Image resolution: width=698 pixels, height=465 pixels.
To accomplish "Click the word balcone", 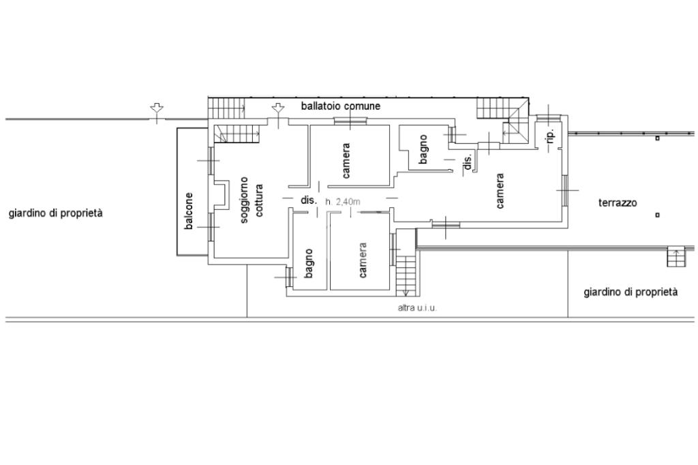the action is tap(189, 211).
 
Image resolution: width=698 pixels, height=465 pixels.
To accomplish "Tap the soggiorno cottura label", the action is tap(251, 197).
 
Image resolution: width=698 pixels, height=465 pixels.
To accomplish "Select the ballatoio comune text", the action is tap(341, 106).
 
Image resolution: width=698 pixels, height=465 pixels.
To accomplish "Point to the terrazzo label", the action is tap(618, 203).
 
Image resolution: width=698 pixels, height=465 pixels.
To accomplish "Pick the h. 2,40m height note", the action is tap(343, 201).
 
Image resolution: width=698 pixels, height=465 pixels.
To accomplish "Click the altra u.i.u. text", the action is tap(417, 308).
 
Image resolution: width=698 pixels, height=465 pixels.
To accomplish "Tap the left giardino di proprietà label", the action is tap(56, 213).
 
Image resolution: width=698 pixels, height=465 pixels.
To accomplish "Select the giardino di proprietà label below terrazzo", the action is tap(631, 292).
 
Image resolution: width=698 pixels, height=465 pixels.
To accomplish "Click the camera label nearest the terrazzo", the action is tap(500, 191).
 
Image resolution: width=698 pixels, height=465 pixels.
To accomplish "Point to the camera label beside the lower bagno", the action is tap(363, 260).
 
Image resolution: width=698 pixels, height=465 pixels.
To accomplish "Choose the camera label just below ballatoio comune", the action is tap(346, 160).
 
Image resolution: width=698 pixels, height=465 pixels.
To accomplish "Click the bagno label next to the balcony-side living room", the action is tap(309, 263).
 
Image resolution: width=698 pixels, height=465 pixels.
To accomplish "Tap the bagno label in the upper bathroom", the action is tap(423, 150).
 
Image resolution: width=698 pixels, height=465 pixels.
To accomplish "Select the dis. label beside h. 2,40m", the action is tap(309, 200).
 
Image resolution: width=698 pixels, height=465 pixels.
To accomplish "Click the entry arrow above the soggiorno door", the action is tap(277, 108).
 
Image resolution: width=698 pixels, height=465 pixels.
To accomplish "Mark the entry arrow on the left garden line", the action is tap(157, 109).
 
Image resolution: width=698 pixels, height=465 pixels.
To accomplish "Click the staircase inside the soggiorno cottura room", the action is tap(237, 134).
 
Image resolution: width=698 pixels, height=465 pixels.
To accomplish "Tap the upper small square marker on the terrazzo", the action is tap(657, 138).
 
